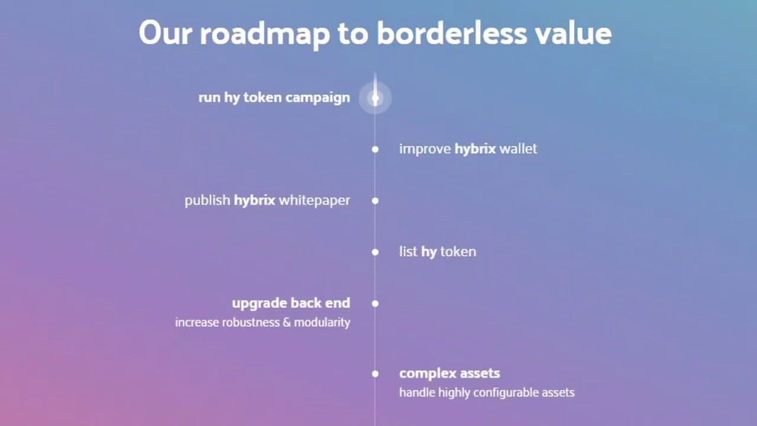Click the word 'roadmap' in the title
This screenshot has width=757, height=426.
[264, 34]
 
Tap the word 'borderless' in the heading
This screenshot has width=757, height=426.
[452, 33]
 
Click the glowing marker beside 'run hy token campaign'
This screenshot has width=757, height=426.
[375, 98]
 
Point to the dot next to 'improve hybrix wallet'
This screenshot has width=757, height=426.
[375, 149]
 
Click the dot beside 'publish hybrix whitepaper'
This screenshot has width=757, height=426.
[375, 201]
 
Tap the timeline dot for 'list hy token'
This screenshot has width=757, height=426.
[375, 252]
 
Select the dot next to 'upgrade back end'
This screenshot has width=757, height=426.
[375, 304]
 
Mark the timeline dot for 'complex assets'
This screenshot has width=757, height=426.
[375, 373]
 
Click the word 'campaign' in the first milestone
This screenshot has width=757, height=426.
[318, 98]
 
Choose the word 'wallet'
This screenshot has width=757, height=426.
[518, 149]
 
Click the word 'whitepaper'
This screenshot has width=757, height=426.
[315, 201]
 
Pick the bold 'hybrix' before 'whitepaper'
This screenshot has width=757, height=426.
[254, 201]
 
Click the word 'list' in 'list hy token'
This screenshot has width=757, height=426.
[408, 251]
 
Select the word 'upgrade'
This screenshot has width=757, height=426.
[259, 304]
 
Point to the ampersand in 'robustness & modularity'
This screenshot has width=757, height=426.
[287, 322]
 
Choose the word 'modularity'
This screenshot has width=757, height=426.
[322, 323]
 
